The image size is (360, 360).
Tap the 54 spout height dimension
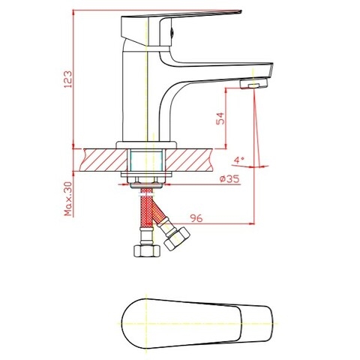[219, 119]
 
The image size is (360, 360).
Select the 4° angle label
[238, 160]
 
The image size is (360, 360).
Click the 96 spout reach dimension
[197, 218]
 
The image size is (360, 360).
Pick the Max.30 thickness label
[67, 198]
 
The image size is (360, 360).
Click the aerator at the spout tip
[254, 86]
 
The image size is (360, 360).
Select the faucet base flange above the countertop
[148, 143]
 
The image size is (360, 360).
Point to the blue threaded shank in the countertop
[148, 160]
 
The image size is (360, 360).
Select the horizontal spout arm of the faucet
[217, 71]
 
